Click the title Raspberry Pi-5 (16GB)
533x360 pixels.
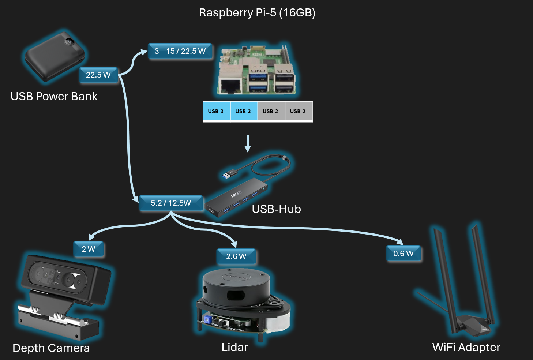tap(257, 13)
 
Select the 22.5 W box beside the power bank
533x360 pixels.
tap(98, 75)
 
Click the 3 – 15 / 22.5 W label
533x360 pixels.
tap(180, 51)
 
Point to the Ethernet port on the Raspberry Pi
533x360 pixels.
tap(229, 86)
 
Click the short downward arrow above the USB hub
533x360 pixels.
tap(248, 143)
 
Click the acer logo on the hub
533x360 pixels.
tap(236, 193)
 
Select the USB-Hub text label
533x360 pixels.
tap(276, 209)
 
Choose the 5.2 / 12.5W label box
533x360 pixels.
tap(171, 203)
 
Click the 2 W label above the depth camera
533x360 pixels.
tap(89, 249)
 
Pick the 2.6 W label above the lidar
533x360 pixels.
tap(236, 256)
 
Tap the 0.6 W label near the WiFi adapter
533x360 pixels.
tap(403, 254)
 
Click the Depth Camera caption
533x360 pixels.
tap(51, 348)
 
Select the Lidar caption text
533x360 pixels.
tap(235, 347)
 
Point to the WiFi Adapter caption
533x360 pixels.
tap(466, 347)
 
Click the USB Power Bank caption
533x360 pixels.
tap(54, 96)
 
